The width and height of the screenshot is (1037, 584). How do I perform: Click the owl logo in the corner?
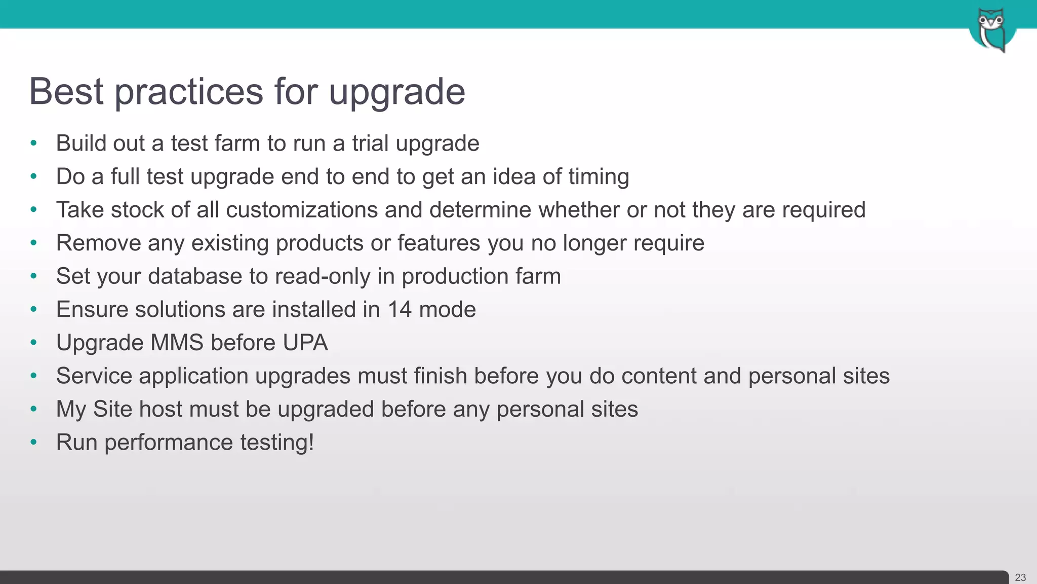pyautogui.click(x=991, y=29)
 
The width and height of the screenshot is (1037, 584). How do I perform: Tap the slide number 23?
pyautogui.click(x=1020, y=577)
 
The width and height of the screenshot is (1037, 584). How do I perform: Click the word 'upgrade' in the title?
pyautogui.click(x=396, y=92)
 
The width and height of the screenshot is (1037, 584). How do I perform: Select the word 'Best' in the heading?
pyautogui.click(x=66, y=91)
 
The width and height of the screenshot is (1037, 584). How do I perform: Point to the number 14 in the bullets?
pyautogui.click(x=400, y=309)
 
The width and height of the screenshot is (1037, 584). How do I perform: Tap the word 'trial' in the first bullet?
pyautogui.click(x=370, y=143)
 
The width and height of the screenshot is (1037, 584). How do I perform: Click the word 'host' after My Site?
pyautogui.click(x=161, y=409)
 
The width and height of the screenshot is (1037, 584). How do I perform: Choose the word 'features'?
pyautogui.click(x=438, y=243)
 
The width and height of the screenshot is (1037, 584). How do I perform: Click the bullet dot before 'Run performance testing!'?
pyautogui.click(x=34, y=442)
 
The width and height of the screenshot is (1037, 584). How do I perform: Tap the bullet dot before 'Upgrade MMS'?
pyautogui.click(x=34, y=343)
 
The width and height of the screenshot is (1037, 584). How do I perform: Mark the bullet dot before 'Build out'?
pyautogui.click(x=34, y=143)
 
